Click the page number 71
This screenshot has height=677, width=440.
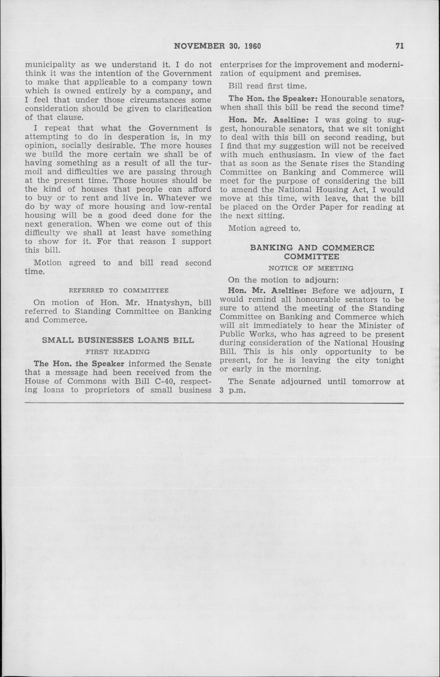pos(400,46)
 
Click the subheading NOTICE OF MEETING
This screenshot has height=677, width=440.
pos(311,268)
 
